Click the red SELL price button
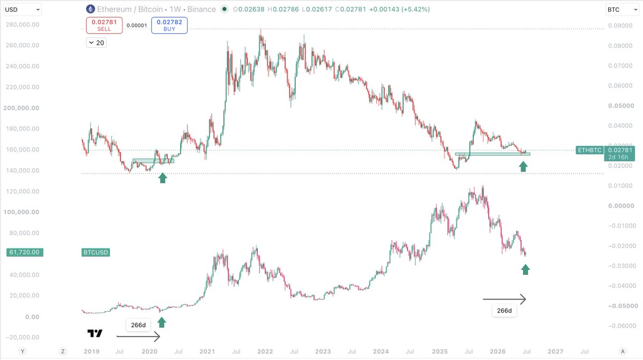click(x=104, y=25)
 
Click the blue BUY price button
click(x=169, y=25)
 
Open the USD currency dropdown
click(x=23, y=10)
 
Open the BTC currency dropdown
click(x=622, y=10)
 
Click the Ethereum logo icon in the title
click(x=91, y=9)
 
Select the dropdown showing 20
click(x=96, y=43)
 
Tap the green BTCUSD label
click(x=95, y=252)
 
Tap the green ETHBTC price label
click(x=589, y=150)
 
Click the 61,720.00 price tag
click(x=25, y=252)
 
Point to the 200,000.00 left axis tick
click(x=21, y=108)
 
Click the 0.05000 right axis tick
click(x=621, y=106)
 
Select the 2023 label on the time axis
click(x=323, y=351)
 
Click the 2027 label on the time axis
click(x=556, y=351)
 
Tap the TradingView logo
click(x=95, y=333)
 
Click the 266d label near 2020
click(x=138, y=325)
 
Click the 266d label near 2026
click(x=504, y=311)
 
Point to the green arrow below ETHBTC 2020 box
click(x=163, y=178)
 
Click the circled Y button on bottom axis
click(x=23, y=351)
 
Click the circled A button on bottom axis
click(x=623, y=351)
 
